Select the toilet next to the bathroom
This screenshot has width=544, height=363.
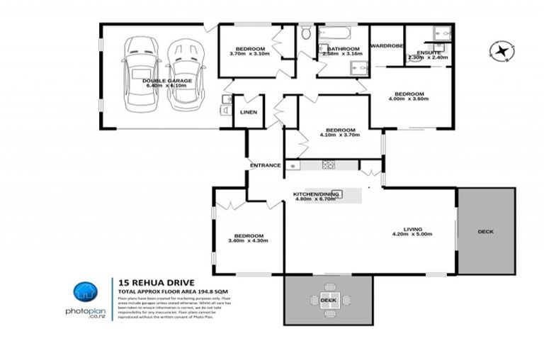point(306,34)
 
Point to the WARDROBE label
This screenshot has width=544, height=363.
point(387,45)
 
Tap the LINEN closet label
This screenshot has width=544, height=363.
point(248,113)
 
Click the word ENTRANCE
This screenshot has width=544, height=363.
point(266,165)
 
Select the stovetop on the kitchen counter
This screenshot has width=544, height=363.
point(329,165)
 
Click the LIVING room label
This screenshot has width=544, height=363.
point(413,229)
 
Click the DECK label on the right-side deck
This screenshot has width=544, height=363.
point(485,232)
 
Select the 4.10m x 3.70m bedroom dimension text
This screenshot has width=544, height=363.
point(340,136)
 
